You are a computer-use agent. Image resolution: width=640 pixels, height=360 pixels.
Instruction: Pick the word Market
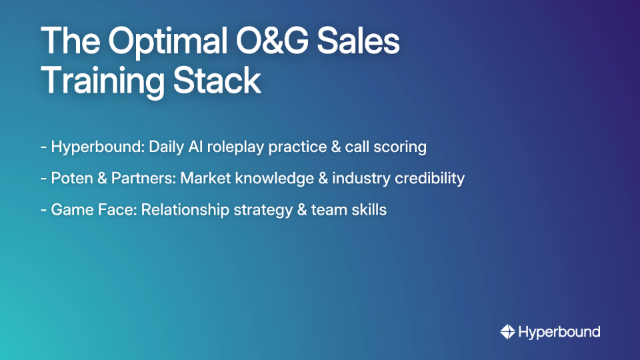click(x=203, y=179)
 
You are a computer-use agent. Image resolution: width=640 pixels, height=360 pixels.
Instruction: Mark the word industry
click(x=361, y=179)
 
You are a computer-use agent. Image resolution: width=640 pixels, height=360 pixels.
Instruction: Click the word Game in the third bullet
click(x=68, y=210)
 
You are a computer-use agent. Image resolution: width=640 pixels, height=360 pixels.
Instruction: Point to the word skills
click(x=369, y=210)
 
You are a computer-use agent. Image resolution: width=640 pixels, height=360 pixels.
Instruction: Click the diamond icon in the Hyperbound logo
click(x=507, y=331)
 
